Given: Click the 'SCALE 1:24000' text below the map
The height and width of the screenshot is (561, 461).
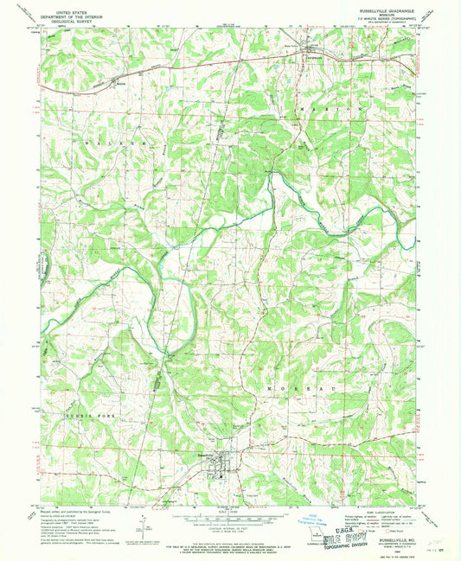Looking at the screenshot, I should click(x=229, y=512).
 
